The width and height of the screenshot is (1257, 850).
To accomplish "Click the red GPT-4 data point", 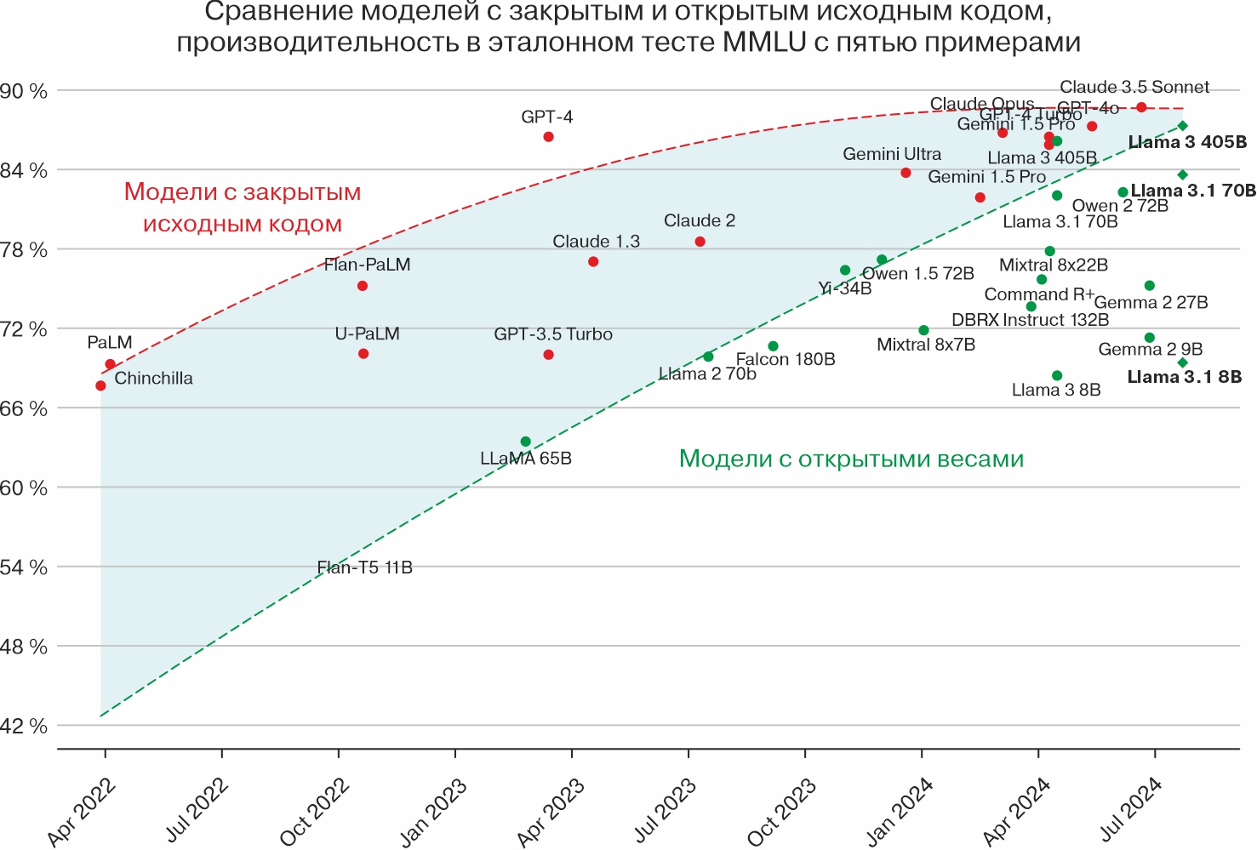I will (x=548, y=137).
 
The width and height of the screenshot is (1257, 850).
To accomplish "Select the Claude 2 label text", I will (x=700, y=221).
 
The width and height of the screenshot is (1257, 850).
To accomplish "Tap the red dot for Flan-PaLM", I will (x=363, y=286).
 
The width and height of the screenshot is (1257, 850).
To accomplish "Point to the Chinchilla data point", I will (x=100, y=385).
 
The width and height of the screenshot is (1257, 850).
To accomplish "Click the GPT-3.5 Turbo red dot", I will (x=548, y=355).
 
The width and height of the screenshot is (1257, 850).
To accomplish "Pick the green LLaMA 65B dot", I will (x=525, y=442).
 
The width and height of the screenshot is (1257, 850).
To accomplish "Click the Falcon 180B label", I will (x=786, y=360).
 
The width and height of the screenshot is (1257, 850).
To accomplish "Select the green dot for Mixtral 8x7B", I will (x=923, y=330).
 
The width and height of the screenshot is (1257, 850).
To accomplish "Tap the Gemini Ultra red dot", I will (x=906, y=173).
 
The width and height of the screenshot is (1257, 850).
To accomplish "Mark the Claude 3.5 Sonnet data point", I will (x=1141, y=107).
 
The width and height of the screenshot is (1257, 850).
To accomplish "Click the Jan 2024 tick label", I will (x=899, y=812).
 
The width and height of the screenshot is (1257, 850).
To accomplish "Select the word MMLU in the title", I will (x=763, y=43).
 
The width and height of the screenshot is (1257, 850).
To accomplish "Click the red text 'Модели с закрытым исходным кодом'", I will (x=243, y=208).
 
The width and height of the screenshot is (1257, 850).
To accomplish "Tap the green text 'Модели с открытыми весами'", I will (x=851, y=459).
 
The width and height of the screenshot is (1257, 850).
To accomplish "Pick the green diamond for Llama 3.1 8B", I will (x=1182, y=363).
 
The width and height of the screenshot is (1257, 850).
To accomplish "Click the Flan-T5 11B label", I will (x=364, y=568).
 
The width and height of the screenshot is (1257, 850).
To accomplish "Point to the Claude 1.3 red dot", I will (x=593, y=262).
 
